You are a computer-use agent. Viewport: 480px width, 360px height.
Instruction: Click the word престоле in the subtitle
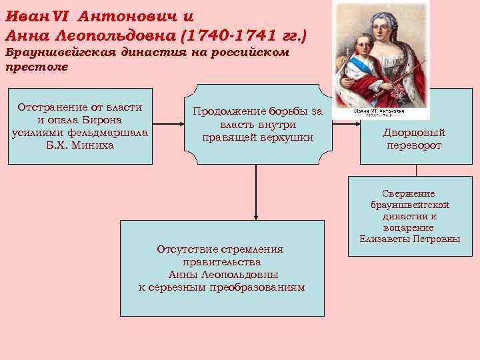[x=36, y=67]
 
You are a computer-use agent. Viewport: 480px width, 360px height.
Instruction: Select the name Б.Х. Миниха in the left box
[x=80, y=144]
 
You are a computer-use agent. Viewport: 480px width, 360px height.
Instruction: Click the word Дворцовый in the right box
[x=414, y=132]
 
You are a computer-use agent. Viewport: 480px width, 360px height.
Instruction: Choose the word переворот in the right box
[x=414, y=145]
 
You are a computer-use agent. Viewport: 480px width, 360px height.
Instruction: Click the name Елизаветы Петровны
[x=409, y=239]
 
